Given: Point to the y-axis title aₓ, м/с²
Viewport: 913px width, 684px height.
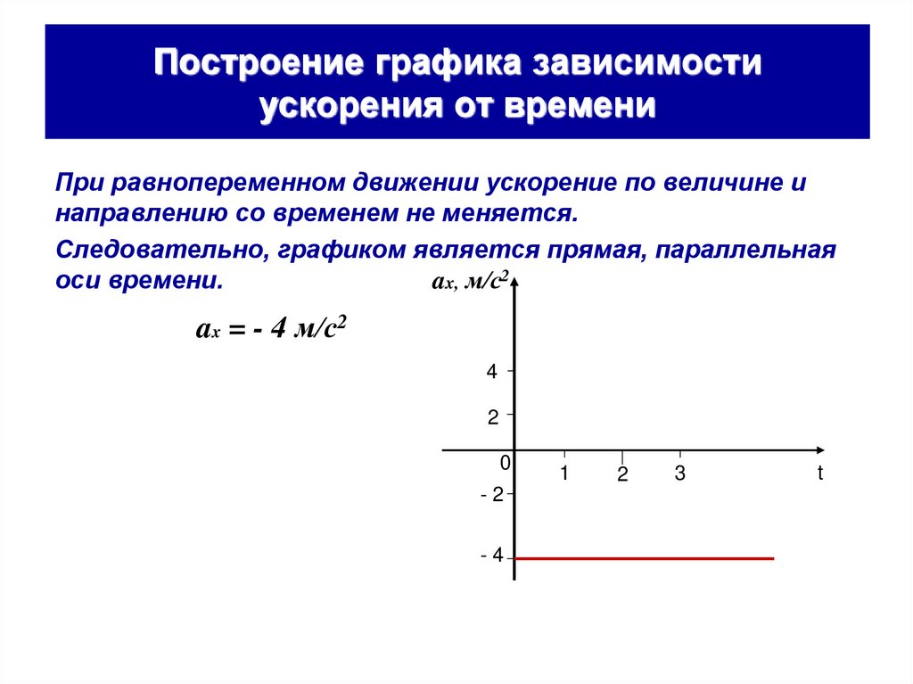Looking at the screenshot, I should pos(470,282).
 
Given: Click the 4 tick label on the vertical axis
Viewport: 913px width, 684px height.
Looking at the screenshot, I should pos(491,372).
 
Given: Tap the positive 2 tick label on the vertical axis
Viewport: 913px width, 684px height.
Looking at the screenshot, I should pos(491,416).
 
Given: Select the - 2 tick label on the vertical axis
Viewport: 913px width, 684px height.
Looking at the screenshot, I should pos(491,495).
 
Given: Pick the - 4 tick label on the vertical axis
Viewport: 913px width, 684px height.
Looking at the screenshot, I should pos(491,556).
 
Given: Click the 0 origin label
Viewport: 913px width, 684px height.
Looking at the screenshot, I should pos(505,463).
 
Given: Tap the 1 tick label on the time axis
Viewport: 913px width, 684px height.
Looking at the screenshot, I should pos(564,474).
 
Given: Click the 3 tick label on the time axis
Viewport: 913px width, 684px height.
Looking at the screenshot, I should pos(679,474).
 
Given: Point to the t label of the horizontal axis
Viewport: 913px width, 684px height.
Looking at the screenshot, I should pos(820,474).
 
